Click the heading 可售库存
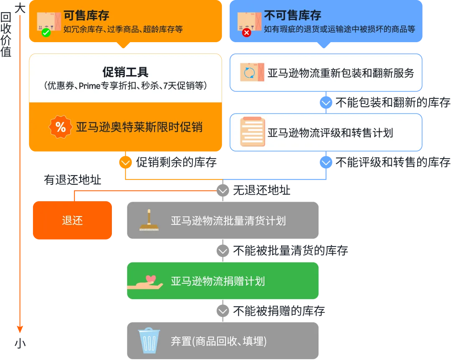tap(86, 16)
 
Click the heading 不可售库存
tap(292, 16)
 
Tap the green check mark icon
tap(46, 32)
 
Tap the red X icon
tap(246, 32)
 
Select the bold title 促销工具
tap(125, 72)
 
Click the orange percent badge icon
tap(61, 127)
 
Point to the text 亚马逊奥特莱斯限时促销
tap(139, 127)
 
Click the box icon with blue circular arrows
tap(252, 73)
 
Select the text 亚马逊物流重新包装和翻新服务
tap(341, 73)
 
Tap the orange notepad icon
tap(252, 132)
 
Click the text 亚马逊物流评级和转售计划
tap(330, 133)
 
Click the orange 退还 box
tap(72, 220)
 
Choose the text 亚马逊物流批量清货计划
tap(228, 221)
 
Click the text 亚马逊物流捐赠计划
tap(218, 281)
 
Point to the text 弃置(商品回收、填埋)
tap(218, 341)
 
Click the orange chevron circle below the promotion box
tap(126, 162)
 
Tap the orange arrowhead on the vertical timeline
tap(20, 328)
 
